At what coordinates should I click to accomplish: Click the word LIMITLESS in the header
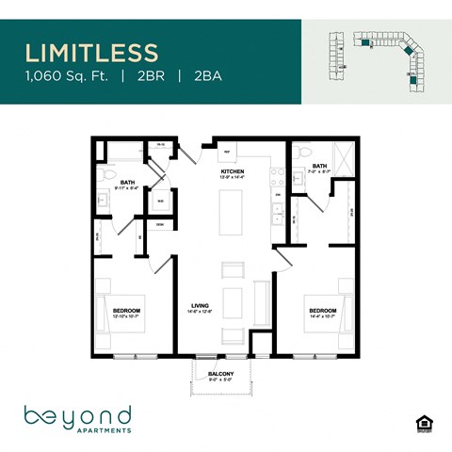coord(91,50)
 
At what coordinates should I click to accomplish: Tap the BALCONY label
coord(221,376)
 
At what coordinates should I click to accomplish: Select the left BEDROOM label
coord(126,311)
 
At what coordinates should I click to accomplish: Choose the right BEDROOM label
coord(322,311)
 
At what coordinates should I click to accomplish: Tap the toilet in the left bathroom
coord(109,176)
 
